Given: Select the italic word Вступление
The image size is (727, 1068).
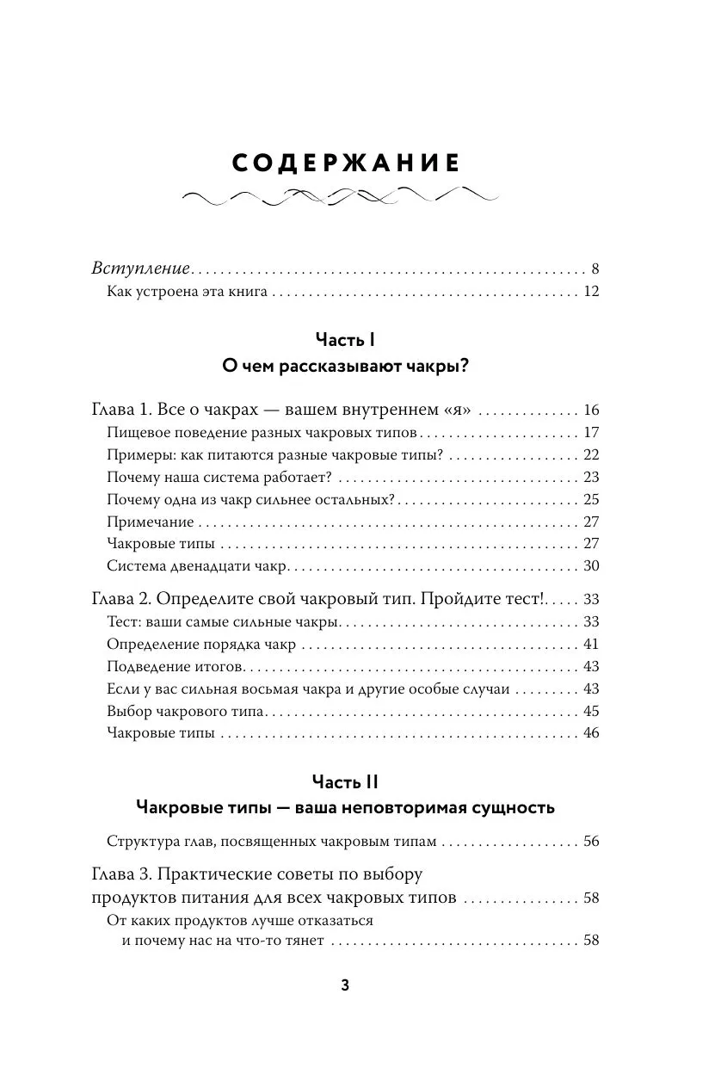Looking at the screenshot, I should [x=140, y=269].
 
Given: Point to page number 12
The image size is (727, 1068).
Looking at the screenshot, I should [x=590, y=292].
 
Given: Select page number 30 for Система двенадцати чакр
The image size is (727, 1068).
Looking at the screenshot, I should [x=590, y=566].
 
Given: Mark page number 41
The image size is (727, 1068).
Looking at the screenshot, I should [x=590, y=644].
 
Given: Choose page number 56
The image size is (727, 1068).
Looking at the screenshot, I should [x=590, y=841].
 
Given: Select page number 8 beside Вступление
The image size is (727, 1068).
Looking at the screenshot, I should [x=595, y=269].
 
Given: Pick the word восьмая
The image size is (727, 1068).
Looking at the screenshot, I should [x=272, y=688].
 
